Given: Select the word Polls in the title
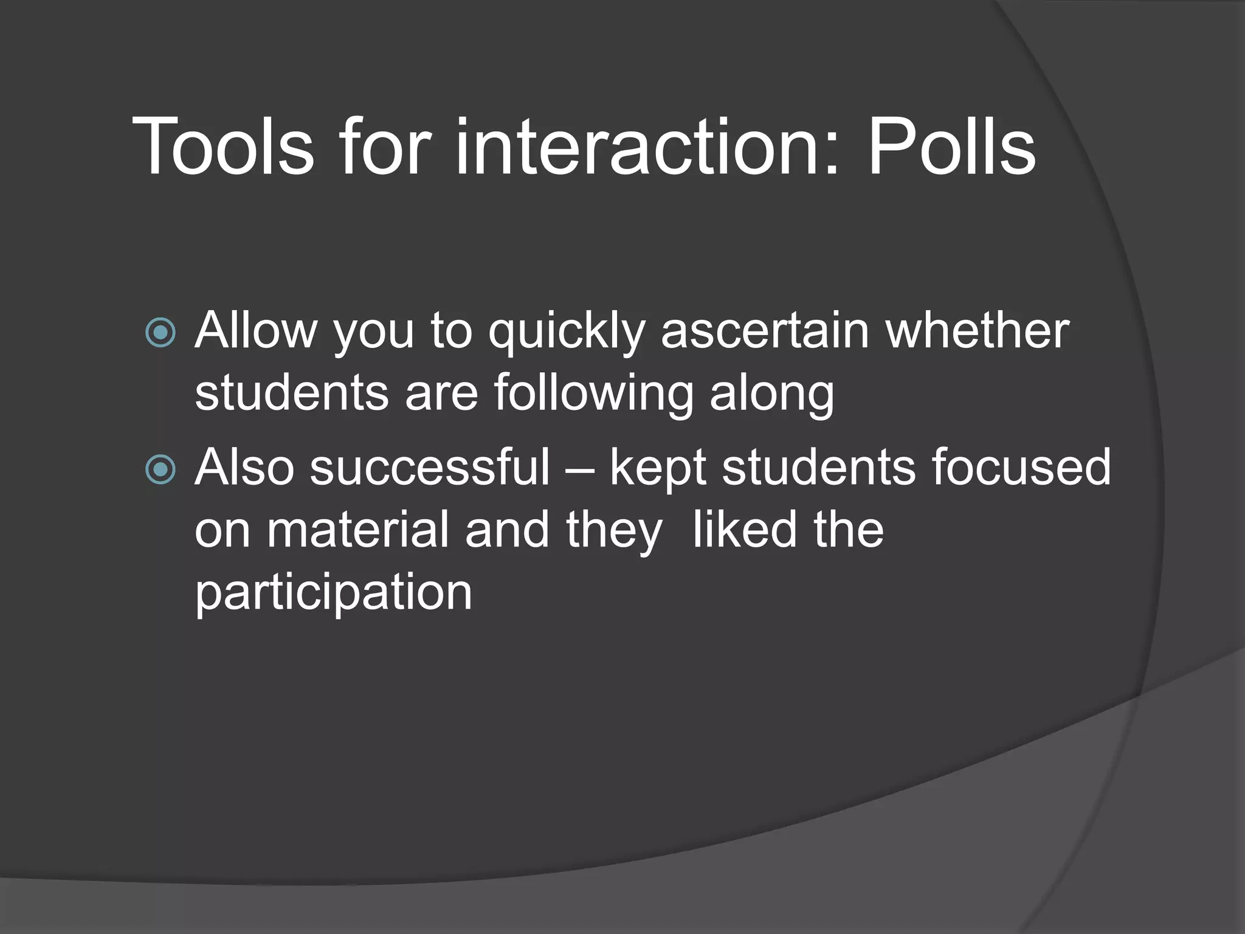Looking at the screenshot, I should click(951, 147).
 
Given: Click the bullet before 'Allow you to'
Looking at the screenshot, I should click(161, 333).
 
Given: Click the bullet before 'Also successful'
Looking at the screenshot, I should click(161, 469).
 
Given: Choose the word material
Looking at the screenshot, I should click(359, 530).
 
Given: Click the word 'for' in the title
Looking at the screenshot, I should click(385, 147).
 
